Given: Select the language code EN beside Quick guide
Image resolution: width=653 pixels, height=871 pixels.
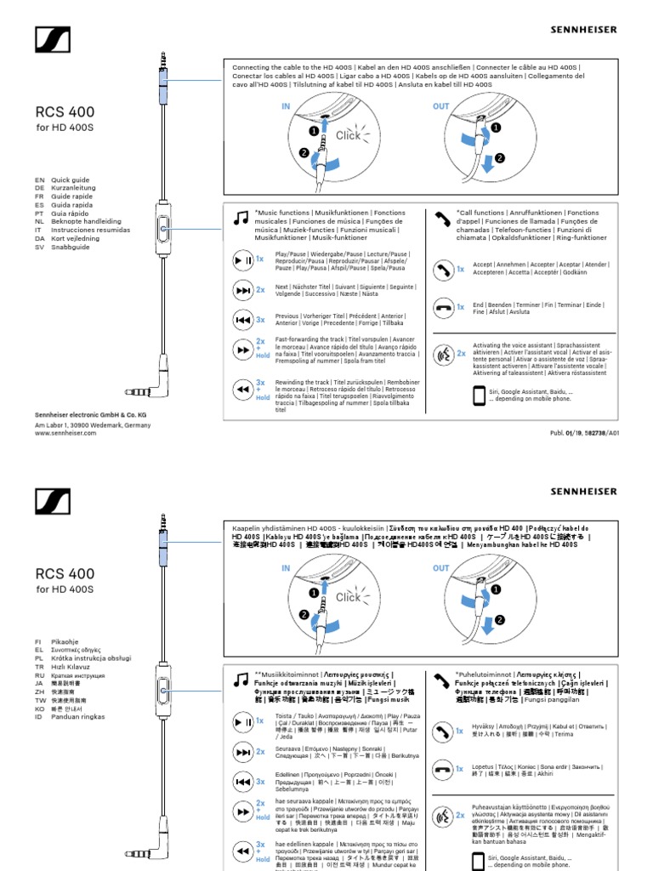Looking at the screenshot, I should coord(39,180).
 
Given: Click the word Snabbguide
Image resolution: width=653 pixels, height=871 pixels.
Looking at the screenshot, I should coord(71,247).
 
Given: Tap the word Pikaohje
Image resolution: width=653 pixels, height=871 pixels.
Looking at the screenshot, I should coord(65,642).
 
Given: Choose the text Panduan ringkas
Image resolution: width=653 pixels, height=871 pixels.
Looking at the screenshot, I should coord(78,717).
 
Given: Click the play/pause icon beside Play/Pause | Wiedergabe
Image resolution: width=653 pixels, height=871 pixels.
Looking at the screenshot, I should coord(241,259).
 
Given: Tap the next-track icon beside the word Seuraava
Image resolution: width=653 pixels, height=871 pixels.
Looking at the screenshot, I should coord(241,751).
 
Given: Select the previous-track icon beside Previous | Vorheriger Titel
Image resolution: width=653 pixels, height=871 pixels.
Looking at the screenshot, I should coord(241,320).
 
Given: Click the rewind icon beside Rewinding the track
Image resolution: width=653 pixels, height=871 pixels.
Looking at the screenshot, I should coord(241,390).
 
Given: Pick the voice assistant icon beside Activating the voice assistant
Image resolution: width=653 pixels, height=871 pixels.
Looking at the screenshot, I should coord(443,353).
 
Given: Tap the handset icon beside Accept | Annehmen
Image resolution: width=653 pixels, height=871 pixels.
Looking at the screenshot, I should coord(443,270).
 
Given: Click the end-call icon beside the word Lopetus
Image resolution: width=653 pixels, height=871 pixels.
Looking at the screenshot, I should coord(443,769).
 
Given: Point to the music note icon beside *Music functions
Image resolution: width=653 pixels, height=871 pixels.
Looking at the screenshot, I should coord(241,219).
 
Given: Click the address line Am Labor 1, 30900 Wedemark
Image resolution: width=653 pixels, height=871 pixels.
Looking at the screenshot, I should coord(93,424).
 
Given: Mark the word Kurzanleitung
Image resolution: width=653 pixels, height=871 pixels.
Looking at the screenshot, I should coord(75,189).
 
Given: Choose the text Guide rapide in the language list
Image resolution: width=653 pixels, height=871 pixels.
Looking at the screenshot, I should coord(72,196).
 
